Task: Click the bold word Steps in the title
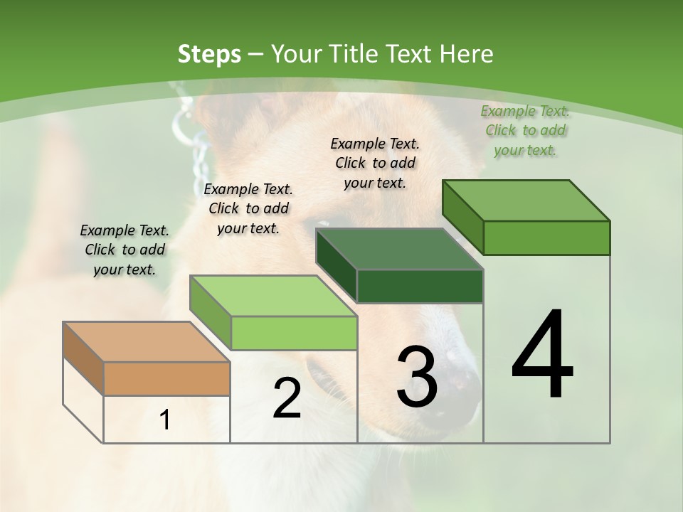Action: (209, 54)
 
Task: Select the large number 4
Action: (542, 356)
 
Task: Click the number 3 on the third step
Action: (417, 377)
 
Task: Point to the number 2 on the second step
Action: (287, 398)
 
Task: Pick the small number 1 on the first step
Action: (165, 420)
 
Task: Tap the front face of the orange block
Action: (166, 378)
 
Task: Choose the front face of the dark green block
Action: (420, 286)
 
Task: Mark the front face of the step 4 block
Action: (546, 238)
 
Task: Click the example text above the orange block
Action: (125, 250)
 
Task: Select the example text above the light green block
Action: (248, 208)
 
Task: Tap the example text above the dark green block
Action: (375, 163)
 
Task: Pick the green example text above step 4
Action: (525, 130)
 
